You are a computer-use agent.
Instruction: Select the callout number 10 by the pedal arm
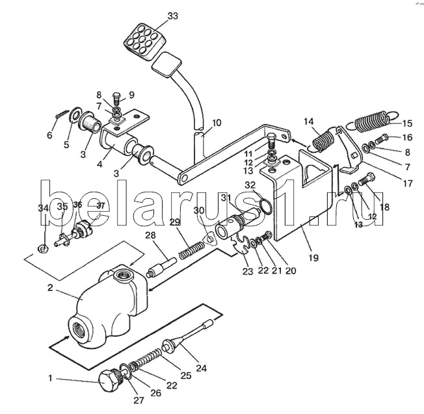tap(216, 122)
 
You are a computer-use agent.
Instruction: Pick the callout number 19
tap(313, 258)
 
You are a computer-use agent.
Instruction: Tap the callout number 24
tap(202, 369)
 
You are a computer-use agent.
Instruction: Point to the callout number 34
tap(43, 208)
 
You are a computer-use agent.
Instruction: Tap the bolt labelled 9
tap(116, 98)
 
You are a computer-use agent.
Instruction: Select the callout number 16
tap(406, 137)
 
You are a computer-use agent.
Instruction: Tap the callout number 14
tap(308, 121)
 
